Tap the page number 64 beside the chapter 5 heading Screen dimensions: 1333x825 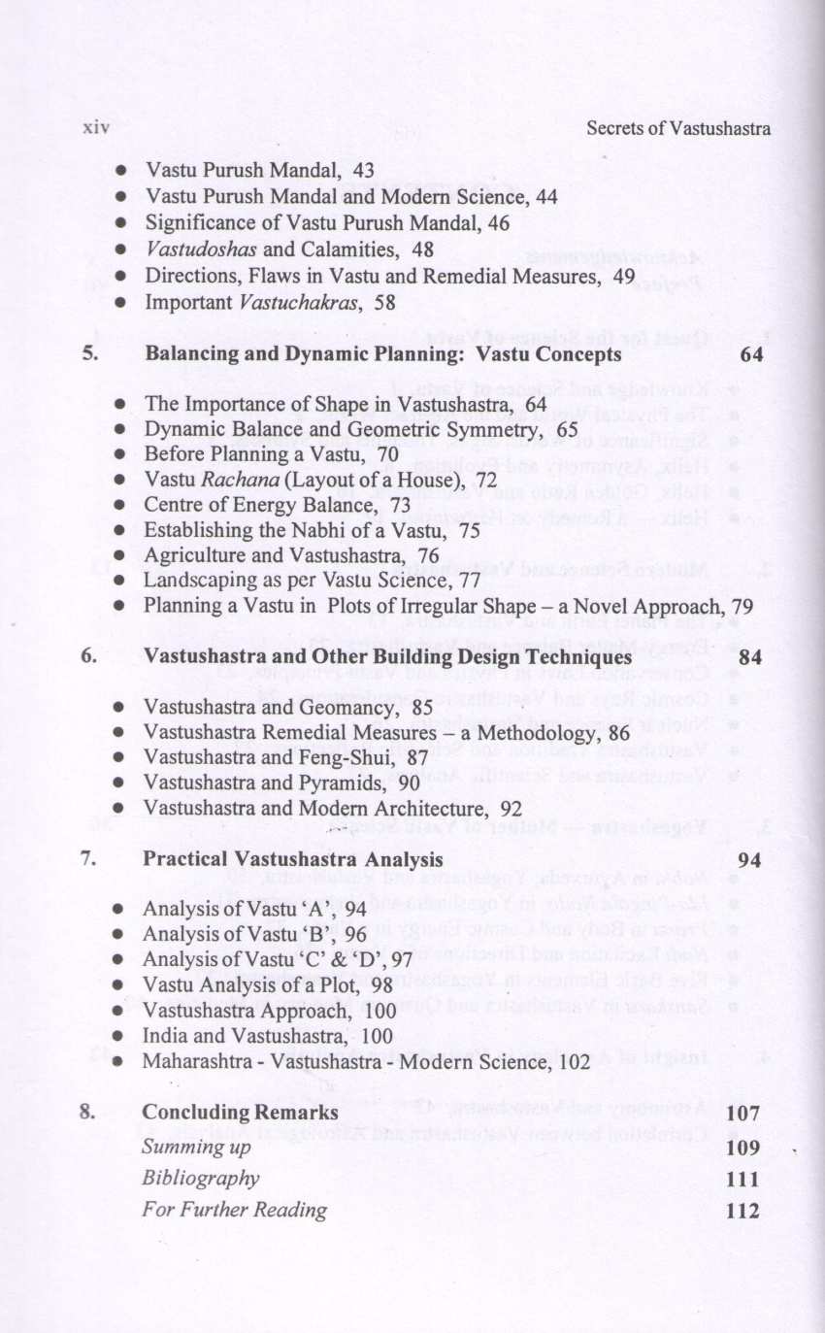coord(750,354)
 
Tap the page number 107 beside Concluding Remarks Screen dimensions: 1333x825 coord(743,1114)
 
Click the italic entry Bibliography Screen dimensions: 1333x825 coord(200,1178)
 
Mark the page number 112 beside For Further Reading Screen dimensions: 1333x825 coord(743,1211)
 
